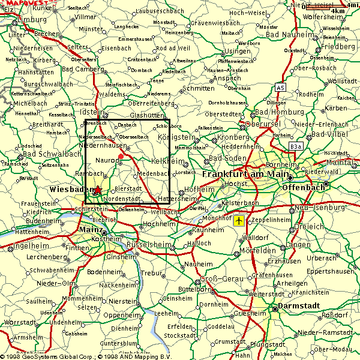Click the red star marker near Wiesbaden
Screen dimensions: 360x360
coord(97,190)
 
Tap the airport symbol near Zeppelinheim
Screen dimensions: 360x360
coord(240,221)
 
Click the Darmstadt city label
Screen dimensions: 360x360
coord(298,309)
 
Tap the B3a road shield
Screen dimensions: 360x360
coord(295,146)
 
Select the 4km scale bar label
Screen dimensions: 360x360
coord(338,11)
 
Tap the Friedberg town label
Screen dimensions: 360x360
coord(338,46)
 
